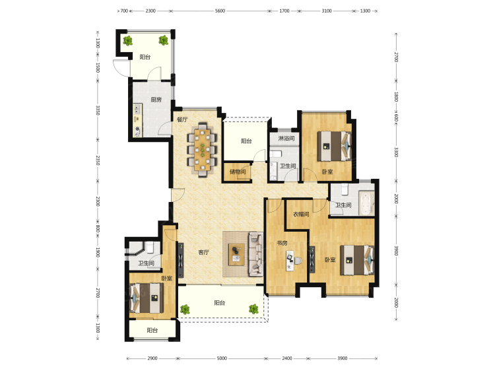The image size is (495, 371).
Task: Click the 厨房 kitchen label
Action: pos(156,100)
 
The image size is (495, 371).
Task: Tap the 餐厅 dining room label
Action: pos(182,119)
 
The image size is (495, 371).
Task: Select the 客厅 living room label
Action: pos(203,252)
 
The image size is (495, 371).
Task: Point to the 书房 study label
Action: pos(282,243)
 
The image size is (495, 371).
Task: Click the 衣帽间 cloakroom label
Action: pos(301,215)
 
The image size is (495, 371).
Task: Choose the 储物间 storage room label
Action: pos(238,172)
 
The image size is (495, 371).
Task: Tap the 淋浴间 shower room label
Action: pos(286,138)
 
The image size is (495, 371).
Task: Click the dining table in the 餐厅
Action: pos(203,149)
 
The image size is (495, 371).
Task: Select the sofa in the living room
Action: pos(255,254)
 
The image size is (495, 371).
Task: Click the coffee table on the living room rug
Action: pos(236,255)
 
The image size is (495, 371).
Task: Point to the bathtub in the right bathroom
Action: pos(367,203)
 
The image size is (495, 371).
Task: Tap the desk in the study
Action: pos(290,261)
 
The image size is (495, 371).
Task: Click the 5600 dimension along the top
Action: pos(220,11)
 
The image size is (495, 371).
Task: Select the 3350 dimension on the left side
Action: pos(98,110)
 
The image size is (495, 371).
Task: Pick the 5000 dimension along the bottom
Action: pos(222,358)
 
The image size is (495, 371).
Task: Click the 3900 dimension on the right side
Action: pos(396,251)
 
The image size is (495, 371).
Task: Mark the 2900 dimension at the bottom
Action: pos(152,358)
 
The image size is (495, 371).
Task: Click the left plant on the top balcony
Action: pos(127,40)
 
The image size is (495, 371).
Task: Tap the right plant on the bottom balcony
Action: pos(253,309)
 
